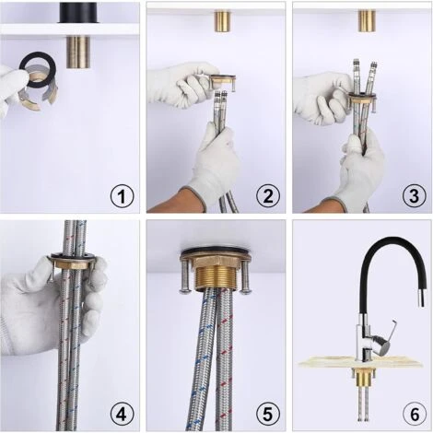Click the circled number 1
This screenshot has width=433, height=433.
[x=122, y=195]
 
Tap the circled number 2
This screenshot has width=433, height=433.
[x=268, y=195]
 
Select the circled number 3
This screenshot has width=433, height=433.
[x=415, y=195]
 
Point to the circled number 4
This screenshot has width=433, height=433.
[x=122, y=415]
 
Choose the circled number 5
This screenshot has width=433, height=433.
[x=268, y=415]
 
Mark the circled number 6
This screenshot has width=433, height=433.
[x=415, y=415]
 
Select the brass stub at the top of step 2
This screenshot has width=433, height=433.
[x=224, y=21]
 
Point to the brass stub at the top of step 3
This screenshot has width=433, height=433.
[x=367, y=21]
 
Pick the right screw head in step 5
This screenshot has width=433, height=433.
[x=246, y=290]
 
